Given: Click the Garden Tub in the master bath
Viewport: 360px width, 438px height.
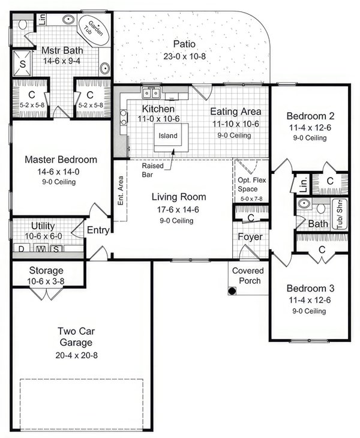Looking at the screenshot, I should pos(94,28).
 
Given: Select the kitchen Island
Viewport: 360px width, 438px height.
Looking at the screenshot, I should pos(168,136).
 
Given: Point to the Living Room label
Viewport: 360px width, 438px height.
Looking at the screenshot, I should pos(178,197).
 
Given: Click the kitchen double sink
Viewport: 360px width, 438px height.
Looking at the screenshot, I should pos(151,92).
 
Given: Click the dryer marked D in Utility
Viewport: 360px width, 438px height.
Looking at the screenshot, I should pos(22,248).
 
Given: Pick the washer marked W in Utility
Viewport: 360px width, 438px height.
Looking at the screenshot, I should pos(40,248).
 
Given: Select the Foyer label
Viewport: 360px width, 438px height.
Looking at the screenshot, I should pos(250,237).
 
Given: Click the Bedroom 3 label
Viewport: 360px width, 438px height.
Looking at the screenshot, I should pos(306,287).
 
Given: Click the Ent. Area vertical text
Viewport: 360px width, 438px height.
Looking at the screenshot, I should pos(121,191).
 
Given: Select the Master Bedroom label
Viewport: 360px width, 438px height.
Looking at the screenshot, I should pos(61,160).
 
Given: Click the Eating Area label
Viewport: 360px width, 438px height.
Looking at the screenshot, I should pos(235,112).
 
